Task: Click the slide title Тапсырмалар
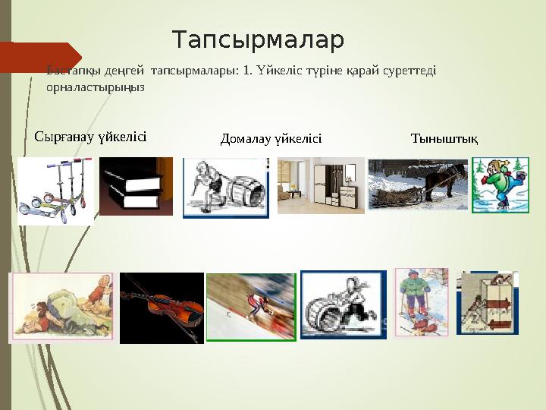pos(258,39)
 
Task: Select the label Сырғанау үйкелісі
pos(90,137)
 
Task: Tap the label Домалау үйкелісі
pos(271,138)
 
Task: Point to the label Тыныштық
pos(444,138)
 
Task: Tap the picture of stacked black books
pos(136,187)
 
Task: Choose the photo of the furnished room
pos(320,185)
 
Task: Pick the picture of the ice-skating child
pos(500,184)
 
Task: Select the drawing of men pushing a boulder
pos(61,307)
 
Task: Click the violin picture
pos(162,307)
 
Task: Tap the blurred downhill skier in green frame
pos(251,307)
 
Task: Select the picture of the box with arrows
pos(488,304)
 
